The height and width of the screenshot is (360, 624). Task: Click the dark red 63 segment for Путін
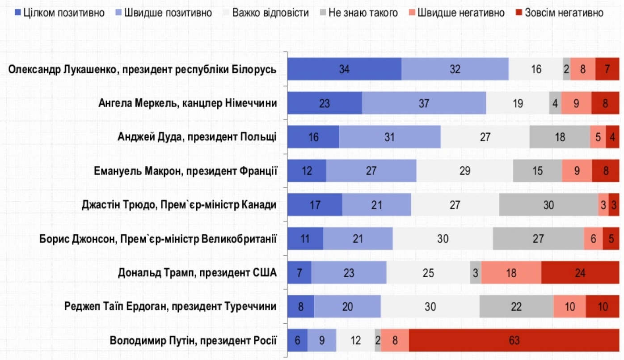pyautogui.click(x=514, y=341)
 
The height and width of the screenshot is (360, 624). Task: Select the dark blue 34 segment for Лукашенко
pyautogui.click(x=344, y=69)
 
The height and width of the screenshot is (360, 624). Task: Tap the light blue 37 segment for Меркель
pyautogui.click(x=424, y=103)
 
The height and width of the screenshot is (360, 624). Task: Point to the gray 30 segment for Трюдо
pyautogui.click(x=548, y=205)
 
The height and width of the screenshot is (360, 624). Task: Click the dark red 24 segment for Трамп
pyautogui.click(x=580, y=272)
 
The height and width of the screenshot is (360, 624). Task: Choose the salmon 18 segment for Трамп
pyautogui.click(x=511, y=272)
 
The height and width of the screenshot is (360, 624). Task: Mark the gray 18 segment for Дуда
pyautogui.click(x=560, y=137)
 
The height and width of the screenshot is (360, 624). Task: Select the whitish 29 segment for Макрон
pyautogui.click(x=464, y=171)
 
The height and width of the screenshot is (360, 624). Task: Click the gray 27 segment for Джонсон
pyautogui.click(x=538, y=239)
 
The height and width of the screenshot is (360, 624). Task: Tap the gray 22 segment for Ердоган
pyautogui.click(x=516, y=306)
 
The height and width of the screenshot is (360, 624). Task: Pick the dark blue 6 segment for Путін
pyautogui.click(x=297, y=341)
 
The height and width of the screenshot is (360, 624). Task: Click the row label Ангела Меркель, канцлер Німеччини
pyautogui.click(x=187, y=103)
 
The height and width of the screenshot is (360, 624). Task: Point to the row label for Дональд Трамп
pyautogui.click(x=197, y=272)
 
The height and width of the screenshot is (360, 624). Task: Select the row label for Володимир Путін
pyautogui.click(x=193, y=341)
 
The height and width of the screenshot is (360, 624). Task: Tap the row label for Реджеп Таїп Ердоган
pyautogui.click(x=170, y=306)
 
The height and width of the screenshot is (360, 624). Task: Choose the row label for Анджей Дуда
pyautogui.click(x=197, y=137)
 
